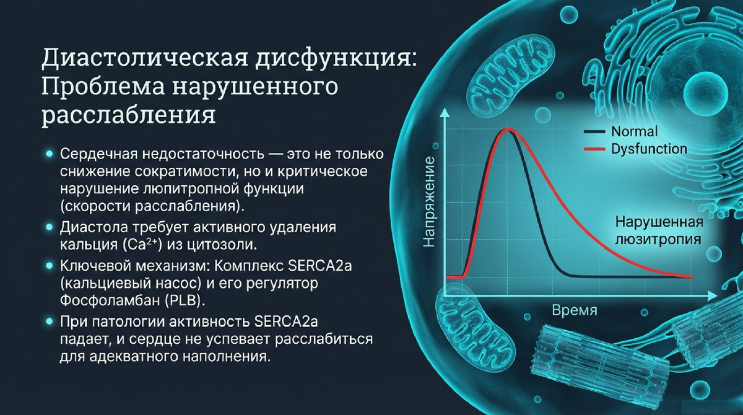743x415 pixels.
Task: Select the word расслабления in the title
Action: click(x=129, y=115)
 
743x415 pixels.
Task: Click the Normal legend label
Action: click(x=634, y=131)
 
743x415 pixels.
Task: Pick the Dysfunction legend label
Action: click(x=649, y=149)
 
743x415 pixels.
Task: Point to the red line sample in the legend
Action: click(x=594, y=149)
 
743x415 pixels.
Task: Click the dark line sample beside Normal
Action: click(x=594, y=132)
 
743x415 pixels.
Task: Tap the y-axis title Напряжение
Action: click(x=430, y=201)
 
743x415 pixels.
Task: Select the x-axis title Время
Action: click(x=575, y=310)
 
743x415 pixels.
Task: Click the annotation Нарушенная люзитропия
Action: click(x=659, y=230)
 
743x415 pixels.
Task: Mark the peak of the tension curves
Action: click(x=507, y=129)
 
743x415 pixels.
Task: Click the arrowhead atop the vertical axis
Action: click(x=444, y=114)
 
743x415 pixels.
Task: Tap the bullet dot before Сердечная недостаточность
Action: click(x=50, y=154)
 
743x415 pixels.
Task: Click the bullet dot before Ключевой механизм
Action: click(x=50, y=265)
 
